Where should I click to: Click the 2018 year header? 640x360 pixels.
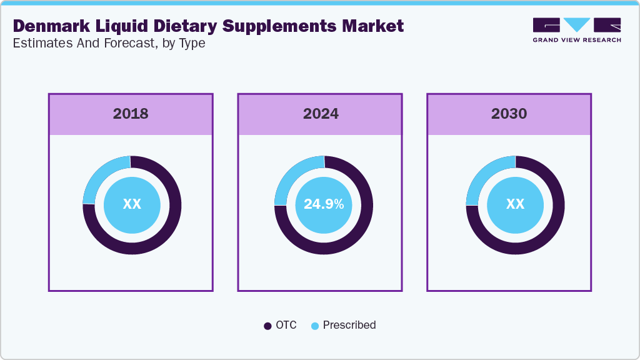(x=131, y=114)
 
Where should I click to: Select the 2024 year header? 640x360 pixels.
(x=321, y=114)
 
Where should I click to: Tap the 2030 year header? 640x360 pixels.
(x=509, y=114)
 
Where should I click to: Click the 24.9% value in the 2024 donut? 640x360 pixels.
(x=324, y=204)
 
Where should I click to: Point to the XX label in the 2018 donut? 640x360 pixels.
(x=132, y=204)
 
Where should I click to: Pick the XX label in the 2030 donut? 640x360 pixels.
(x=515, y=204)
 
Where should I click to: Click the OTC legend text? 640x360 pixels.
(x=286, y=325)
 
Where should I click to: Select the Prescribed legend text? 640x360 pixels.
(x=349, y=325)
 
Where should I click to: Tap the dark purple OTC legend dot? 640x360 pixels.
(x=267, y=326)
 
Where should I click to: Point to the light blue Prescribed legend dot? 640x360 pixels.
(x=315, y=326)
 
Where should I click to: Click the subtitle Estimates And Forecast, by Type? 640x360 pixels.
(x=109, y=44)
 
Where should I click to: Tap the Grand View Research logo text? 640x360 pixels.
(x=576, y=40)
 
